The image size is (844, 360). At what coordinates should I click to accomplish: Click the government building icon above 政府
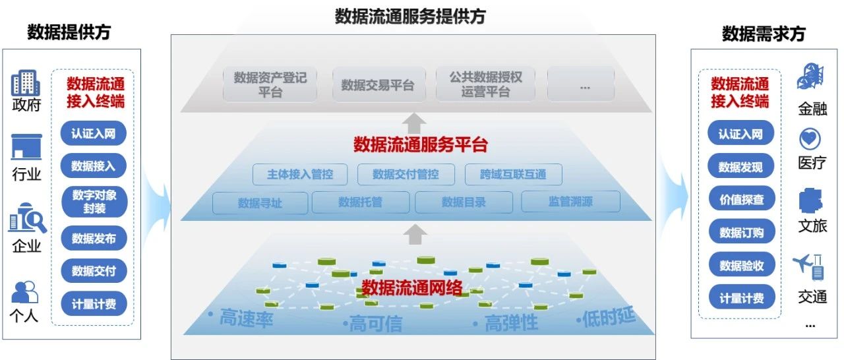(26, 83)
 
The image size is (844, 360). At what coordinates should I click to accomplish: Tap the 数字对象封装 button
(94, 202)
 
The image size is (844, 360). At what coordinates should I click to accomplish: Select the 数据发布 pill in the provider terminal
(94, 238)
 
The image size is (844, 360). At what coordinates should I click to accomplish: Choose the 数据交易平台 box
(378, 84)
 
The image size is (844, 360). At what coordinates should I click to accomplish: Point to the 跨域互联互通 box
(514, 175)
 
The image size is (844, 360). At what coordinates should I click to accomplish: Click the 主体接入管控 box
(300, 175)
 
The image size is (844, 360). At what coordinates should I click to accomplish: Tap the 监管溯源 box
(570, 202)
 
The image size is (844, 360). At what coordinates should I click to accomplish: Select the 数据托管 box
(360, 202)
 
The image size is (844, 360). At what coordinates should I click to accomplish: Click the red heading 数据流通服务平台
(421, 144)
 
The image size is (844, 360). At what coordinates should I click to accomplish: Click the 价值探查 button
(740, 199)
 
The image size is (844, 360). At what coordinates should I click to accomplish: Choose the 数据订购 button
(740, 232)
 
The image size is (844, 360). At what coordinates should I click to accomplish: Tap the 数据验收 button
(740, 265)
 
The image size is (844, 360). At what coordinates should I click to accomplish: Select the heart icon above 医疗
(809, 140)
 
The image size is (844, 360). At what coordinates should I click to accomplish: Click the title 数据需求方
(764, 34)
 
